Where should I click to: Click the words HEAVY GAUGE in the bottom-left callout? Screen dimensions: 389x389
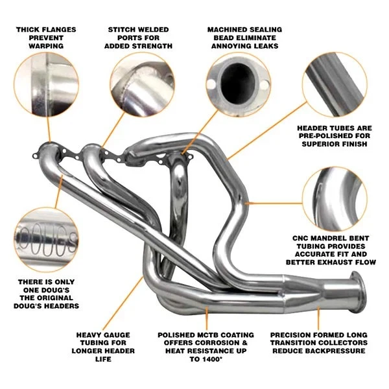click(103, 335)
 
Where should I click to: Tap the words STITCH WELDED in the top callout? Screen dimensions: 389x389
click(139, 29)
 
